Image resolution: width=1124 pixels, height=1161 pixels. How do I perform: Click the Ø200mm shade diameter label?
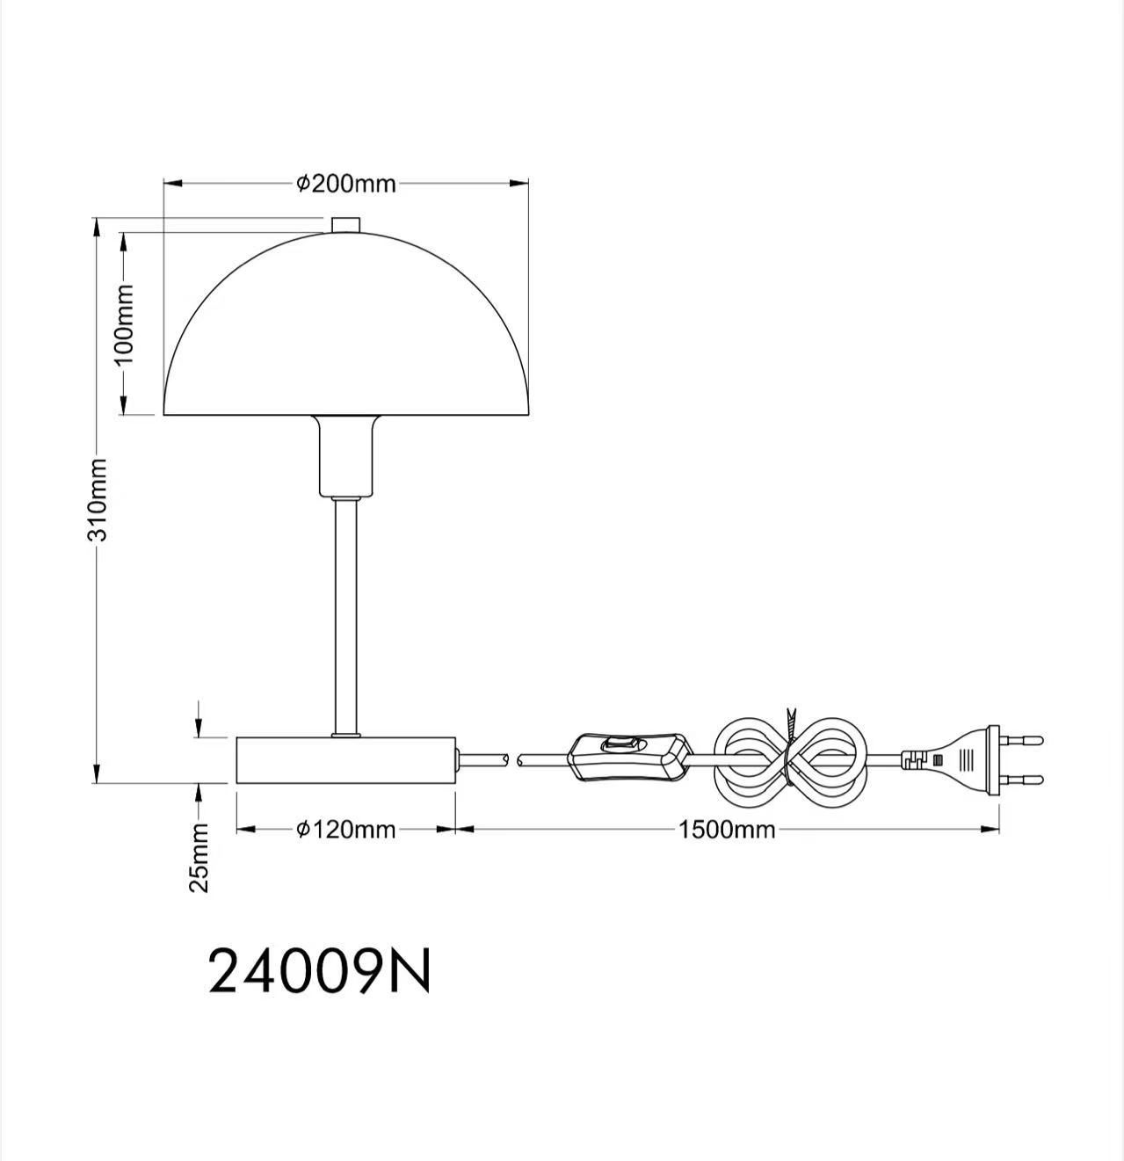346,184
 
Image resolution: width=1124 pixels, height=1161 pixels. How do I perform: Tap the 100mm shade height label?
124,324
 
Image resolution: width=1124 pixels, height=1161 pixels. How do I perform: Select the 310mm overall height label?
98,500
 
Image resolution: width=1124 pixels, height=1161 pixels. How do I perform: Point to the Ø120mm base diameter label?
346,830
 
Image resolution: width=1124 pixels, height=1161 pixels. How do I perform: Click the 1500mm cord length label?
728,830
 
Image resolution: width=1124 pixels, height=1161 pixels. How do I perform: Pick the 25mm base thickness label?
199,857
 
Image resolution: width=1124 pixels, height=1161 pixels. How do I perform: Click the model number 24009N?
319,965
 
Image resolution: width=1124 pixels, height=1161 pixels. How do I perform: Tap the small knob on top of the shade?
346,226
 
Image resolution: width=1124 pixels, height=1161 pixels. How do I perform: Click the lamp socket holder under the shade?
346,456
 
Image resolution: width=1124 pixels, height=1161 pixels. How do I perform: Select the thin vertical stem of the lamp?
346,616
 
